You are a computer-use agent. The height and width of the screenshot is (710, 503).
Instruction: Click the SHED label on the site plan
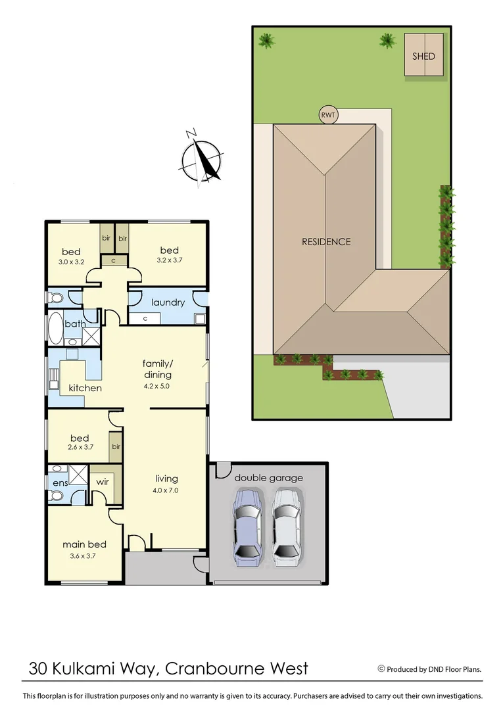[423, 57]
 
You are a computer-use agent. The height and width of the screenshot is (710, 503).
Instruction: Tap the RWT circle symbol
[327, 115]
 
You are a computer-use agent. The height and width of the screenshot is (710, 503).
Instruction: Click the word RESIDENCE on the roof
[326, 241]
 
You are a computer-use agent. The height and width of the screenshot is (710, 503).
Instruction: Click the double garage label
[268, 478]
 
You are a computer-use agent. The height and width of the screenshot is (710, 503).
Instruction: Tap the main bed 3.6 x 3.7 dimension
[84, 556]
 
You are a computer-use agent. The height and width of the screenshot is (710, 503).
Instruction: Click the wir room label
[102, 482]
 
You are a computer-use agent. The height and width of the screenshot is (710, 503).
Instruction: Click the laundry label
[168, 302]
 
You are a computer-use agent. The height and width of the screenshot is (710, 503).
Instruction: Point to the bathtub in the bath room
[55, 329]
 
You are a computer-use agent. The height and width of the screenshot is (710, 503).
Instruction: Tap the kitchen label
[85, 388]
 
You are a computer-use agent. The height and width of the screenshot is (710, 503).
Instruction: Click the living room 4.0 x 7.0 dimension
[167, 490]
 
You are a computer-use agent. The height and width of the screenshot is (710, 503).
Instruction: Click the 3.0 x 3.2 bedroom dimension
[71, 262]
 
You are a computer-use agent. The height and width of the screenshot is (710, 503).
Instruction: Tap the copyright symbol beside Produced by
[381, 669]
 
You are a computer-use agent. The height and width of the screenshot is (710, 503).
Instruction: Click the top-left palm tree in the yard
[266, 41]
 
